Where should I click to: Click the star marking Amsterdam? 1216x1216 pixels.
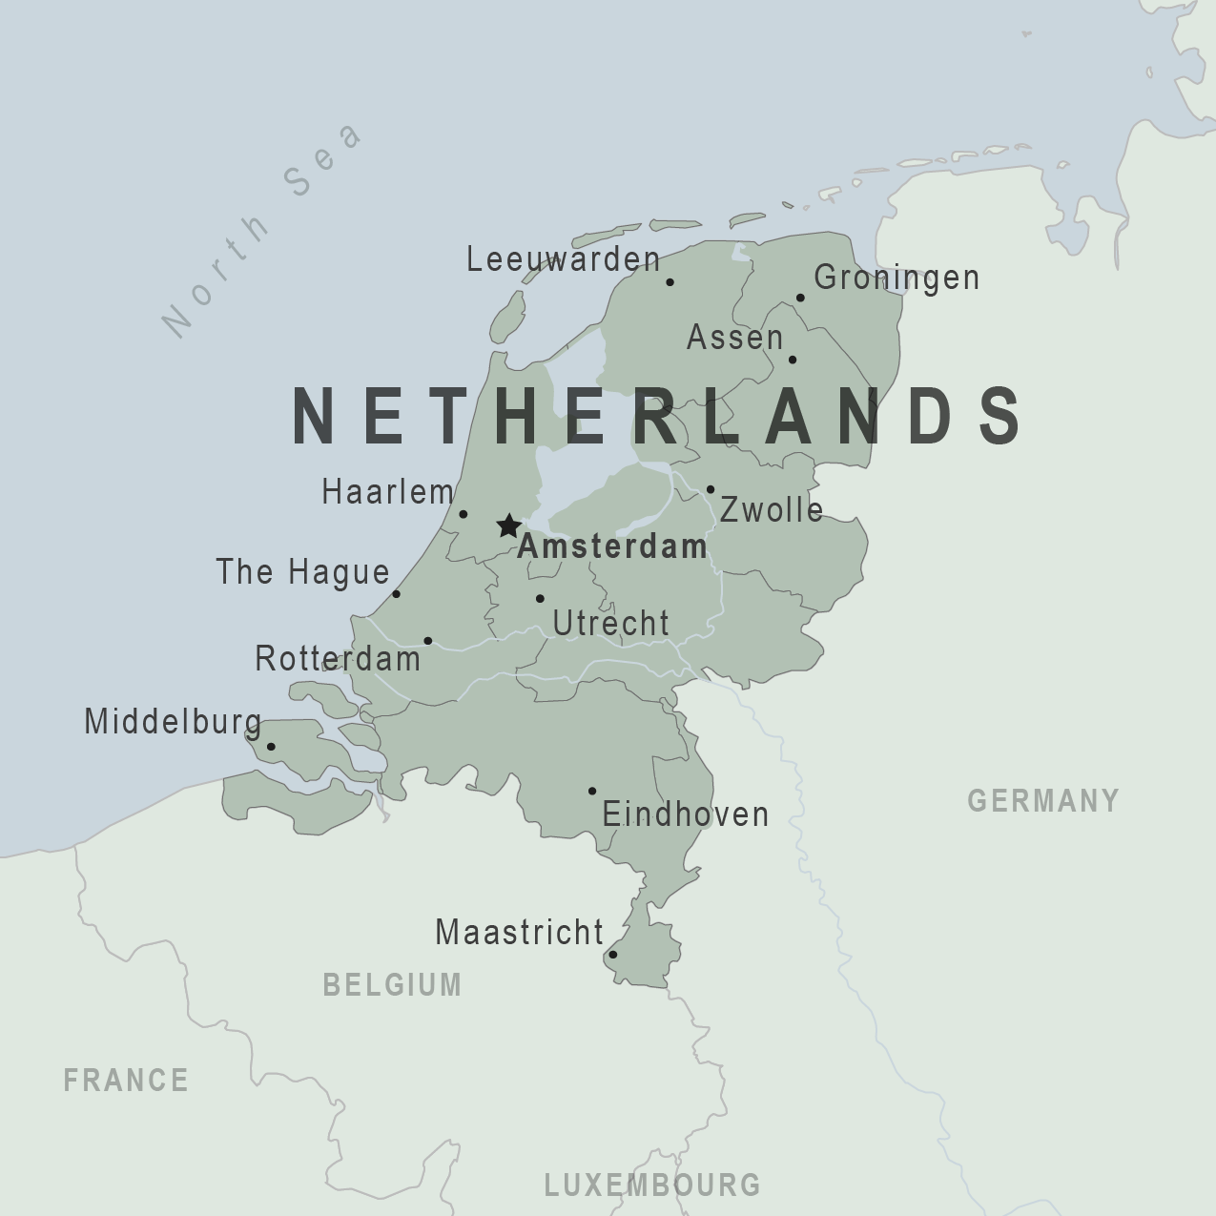[x=508, y=526]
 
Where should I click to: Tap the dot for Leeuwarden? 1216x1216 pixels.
[x=670, y=282]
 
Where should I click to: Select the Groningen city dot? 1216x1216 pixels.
[x=800, y=298]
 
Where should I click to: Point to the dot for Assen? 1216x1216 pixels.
[x=792, y=360]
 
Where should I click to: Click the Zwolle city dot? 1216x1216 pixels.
[x=711, y=489]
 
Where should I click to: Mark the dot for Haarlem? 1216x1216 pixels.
[x=464, y=514]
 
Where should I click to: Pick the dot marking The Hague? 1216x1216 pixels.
[x=397, y=594]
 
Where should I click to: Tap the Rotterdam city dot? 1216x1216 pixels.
[x=427, y=641]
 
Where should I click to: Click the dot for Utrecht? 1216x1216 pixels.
[x=540, y=599]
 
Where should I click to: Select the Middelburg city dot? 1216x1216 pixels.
[x=271, y=747]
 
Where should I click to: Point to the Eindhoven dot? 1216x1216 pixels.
[x=592, y=791]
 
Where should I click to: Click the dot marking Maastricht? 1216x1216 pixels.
[x=612, y=955]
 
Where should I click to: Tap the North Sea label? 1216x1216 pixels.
[x=261, y=230]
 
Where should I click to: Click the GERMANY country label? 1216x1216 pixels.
[x=1043, y=800]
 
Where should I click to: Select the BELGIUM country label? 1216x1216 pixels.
[x=392, y=984]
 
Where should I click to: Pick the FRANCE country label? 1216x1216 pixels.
[x=126, y=1081]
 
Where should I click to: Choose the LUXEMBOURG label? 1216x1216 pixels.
[x=652, y=1185]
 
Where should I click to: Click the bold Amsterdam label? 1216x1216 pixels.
[x=612, y=546]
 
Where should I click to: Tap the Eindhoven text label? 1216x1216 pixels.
[x=685, y=814]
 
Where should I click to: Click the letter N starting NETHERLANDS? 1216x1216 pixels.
[x=316, y=416]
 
